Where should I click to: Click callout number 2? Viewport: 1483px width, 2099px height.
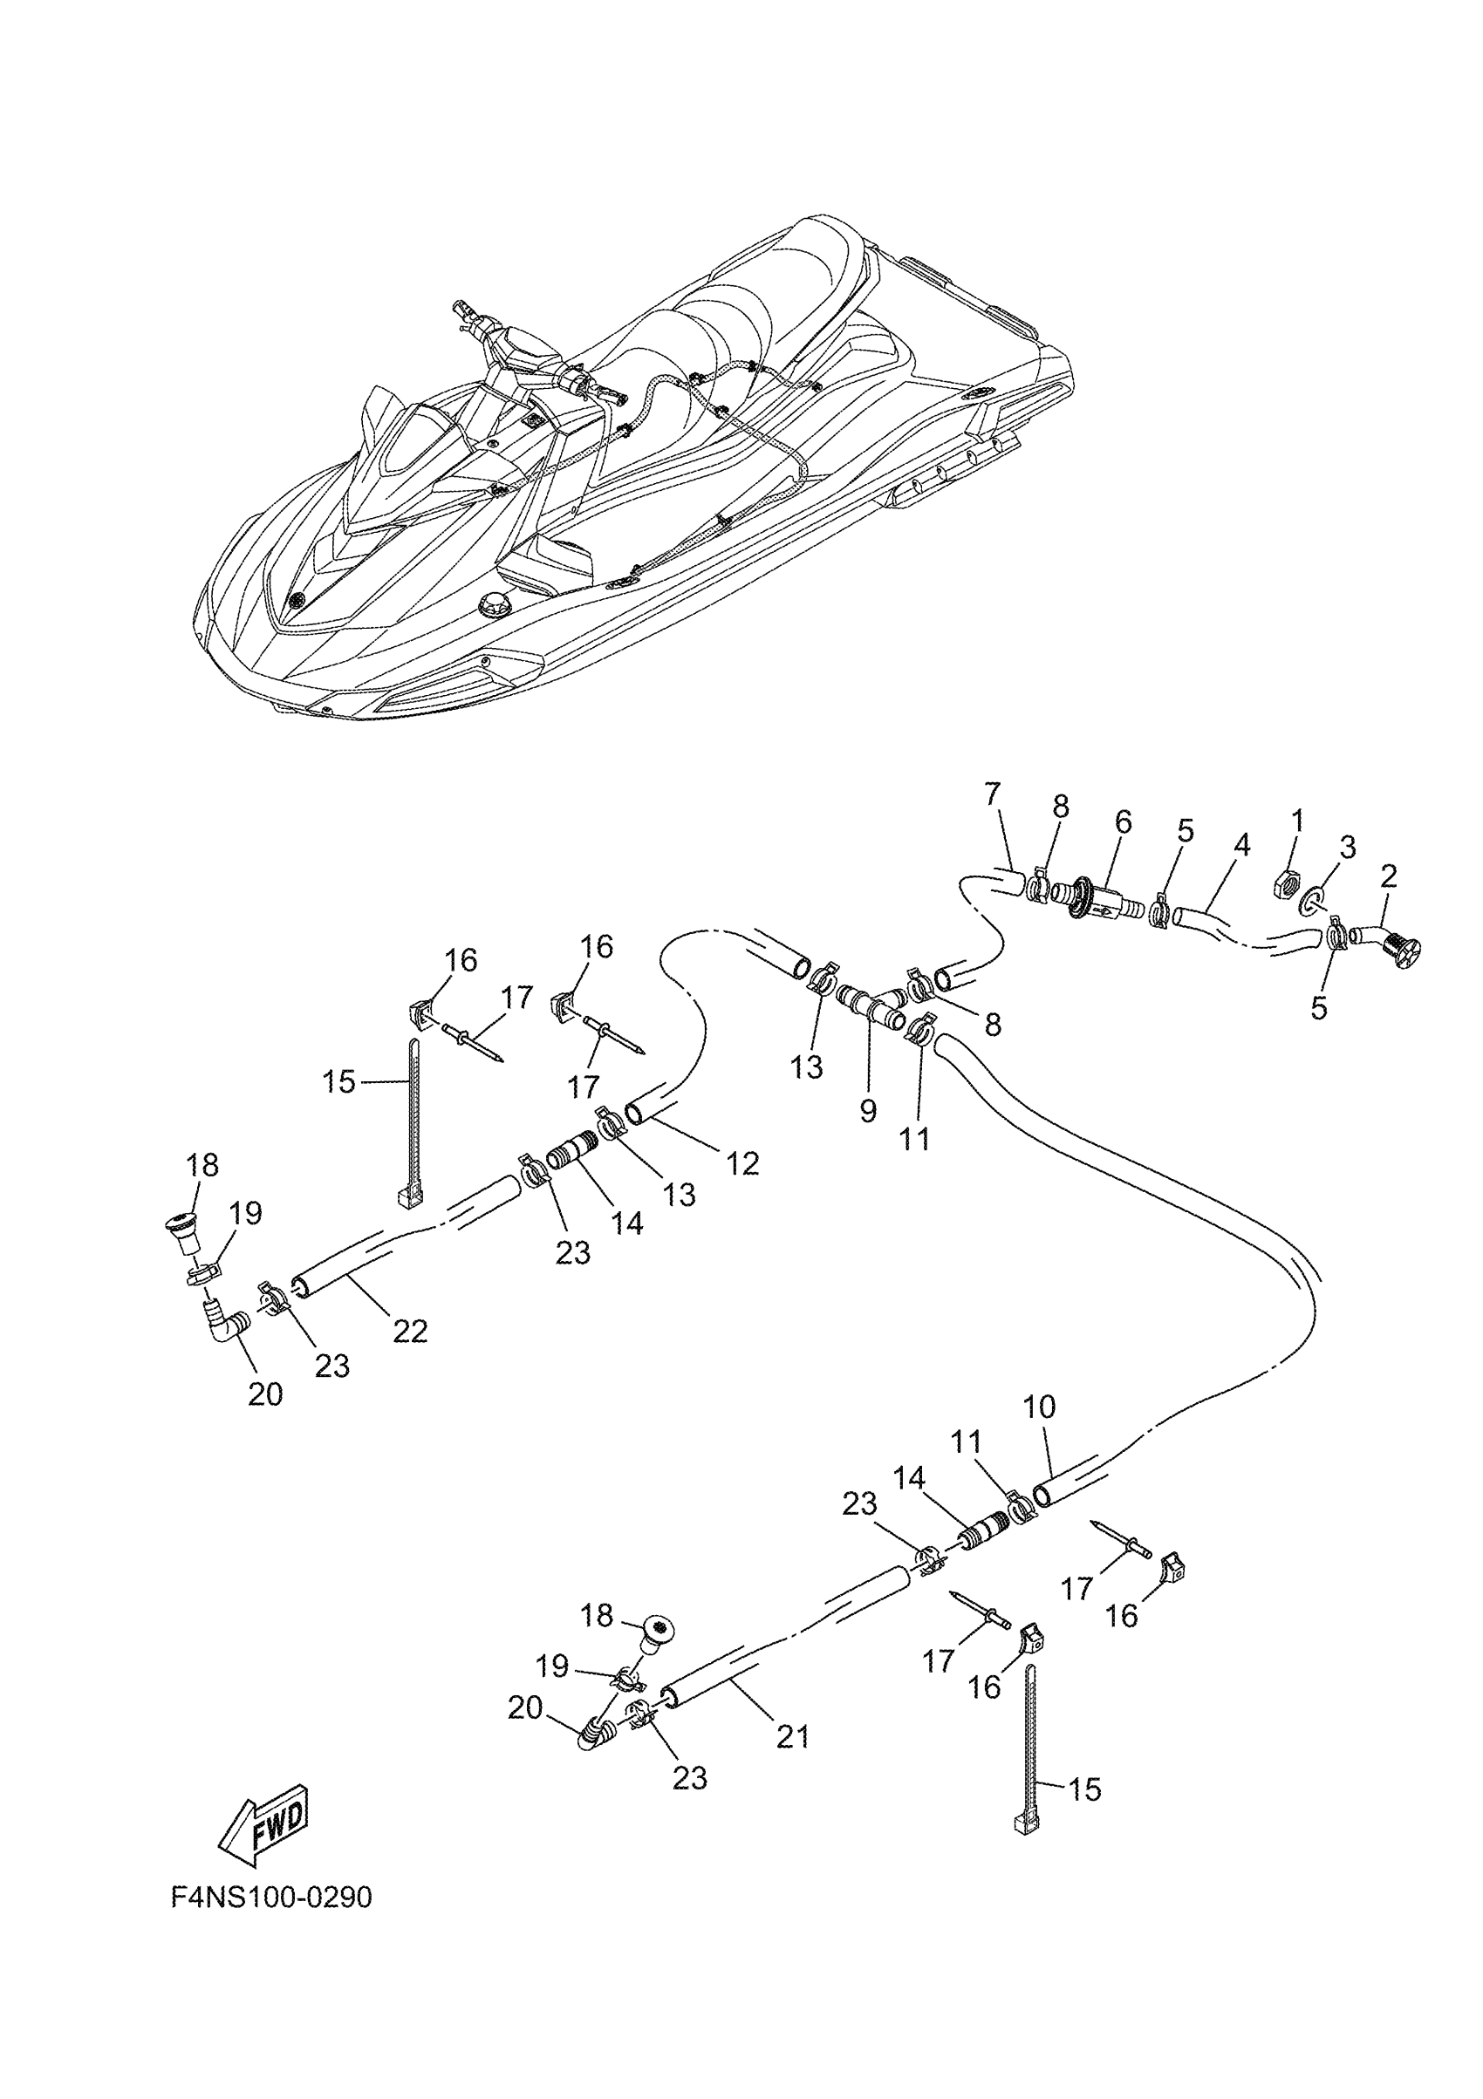pos(1388,876)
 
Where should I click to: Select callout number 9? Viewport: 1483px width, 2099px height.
pos(868,1110)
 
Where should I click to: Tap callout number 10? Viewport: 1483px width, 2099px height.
pos(1040,1406)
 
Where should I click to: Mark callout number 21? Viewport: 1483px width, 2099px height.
pos(793,1735)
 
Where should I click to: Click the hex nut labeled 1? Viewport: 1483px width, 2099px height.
pos(1286,883)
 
